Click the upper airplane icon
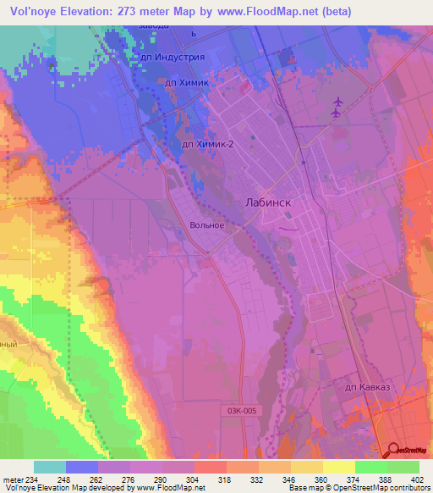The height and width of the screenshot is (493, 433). (x=337, y=101)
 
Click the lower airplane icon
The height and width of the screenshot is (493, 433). (x=337, y=113)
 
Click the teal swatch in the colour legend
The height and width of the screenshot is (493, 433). (x=50, y=467)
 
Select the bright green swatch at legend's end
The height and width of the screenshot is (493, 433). (x=403, y=467)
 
